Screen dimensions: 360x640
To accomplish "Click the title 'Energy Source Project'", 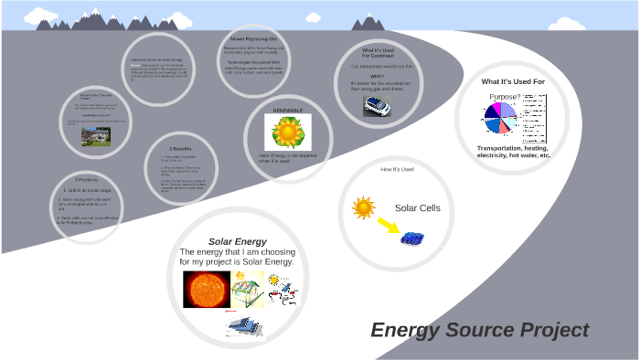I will (x=479, y=330).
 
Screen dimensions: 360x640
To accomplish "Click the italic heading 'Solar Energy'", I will (x=237, y=242).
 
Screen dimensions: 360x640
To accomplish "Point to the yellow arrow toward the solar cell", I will (x=388, y=225).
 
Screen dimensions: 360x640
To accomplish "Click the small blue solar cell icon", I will (x=414, y=238).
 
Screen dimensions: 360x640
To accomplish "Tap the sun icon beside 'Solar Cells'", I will (x=364, y=208).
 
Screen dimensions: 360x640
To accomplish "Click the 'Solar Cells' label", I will (x=417, y=208).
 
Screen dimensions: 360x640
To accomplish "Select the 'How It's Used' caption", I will (x=397, y=170).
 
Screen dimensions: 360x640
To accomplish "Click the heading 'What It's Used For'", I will (x=513, y=81).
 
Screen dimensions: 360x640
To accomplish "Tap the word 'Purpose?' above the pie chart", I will (x=505, y=96).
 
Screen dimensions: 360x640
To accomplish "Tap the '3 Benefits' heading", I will (x=181, y=148).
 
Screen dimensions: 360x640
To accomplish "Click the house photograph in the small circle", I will (x=95, y=134).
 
